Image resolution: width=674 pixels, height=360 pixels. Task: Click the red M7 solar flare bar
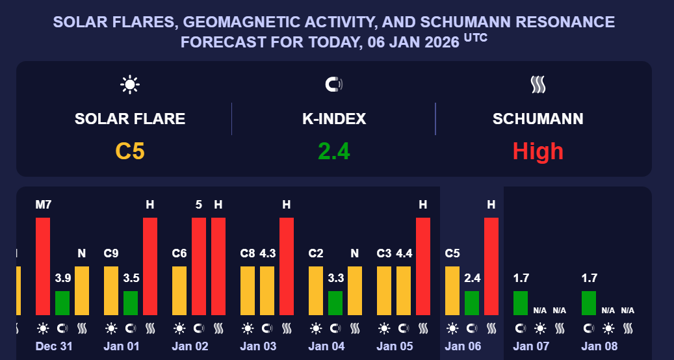click(x=43, y=266)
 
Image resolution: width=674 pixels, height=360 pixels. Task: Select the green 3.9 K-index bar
click(x=62, y=303)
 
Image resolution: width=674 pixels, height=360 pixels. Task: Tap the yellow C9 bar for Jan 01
click(x=111, y=290)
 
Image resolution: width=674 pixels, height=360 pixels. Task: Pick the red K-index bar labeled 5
click(x=199, y=266)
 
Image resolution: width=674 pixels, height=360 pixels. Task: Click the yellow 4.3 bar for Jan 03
click(x=267, y=290)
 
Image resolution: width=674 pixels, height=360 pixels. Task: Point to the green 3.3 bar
click(x=335, y=303)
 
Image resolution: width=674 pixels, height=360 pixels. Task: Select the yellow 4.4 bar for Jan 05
click(x=404, y=290)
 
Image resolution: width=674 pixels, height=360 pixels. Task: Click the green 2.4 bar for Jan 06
click(x=472, y=303)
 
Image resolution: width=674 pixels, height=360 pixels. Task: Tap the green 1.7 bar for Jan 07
click(x=521, y=303)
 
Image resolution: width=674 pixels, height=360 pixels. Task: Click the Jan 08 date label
click(x=599, y=346)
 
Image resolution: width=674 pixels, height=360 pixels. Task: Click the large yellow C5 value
click(x=130, y=151)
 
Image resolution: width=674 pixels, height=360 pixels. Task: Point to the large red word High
click(x=538, y=151)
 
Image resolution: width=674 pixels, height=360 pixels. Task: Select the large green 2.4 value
click(x=334, y=151)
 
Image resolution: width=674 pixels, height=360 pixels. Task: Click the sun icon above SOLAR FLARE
click(x=130, y=84)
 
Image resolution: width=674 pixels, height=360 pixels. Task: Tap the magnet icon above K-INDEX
click(x=333, y=84)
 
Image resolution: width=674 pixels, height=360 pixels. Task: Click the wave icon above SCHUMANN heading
click(x=538, y=84)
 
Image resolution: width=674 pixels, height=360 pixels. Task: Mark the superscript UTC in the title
click(x=475, y=39)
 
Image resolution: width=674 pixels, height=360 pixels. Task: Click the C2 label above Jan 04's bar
click(x=316, y=253)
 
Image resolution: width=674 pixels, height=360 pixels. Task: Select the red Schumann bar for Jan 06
click(x=491, y=266)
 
